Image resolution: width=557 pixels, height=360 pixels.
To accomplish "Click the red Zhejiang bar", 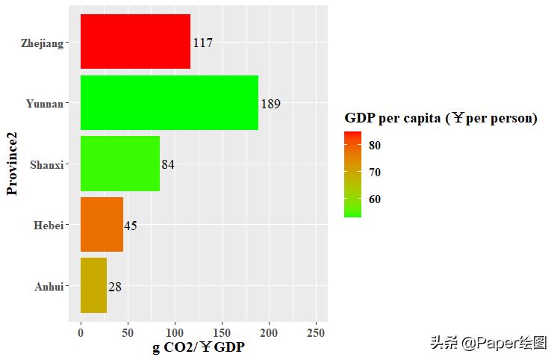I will point(135,42).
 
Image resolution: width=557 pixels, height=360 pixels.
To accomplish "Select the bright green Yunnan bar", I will point(169,103).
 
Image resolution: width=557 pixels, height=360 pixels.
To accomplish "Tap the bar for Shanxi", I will point(119,164).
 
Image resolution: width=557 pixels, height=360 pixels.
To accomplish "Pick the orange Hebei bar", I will point(102,224).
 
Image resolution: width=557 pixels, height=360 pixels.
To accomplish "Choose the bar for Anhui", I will point(93,285).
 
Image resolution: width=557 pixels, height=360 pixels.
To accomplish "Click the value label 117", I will point(202,43).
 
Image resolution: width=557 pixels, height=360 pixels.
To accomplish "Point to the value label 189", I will point(270,104).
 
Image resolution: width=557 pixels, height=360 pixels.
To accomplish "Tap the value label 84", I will point(168,164).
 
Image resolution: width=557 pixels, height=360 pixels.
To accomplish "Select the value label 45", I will point(131,226).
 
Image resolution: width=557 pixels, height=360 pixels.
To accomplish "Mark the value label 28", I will point(115,286).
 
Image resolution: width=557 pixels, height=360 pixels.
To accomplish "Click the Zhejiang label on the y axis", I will point(42,43).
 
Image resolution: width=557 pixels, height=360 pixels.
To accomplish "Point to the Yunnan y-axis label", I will point(44,104).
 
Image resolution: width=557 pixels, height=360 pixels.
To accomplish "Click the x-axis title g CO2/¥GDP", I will point(199,347).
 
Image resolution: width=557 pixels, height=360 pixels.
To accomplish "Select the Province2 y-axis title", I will point(12,164).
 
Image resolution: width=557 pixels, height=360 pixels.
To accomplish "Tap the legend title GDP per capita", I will point(441,118).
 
